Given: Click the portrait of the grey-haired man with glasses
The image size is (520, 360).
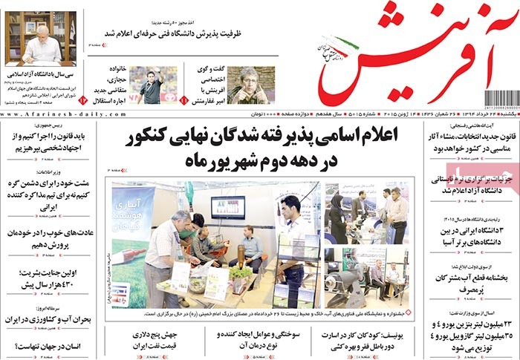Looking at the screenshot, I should [249, 85].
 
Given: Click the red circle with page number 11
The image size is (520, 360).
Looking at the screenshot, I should [184, 99].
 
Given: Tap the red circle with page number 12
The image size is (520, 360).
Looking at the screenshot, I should [84, 99].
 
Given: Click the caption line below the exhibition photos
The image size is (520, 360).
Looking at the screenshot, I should [256, 315].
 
